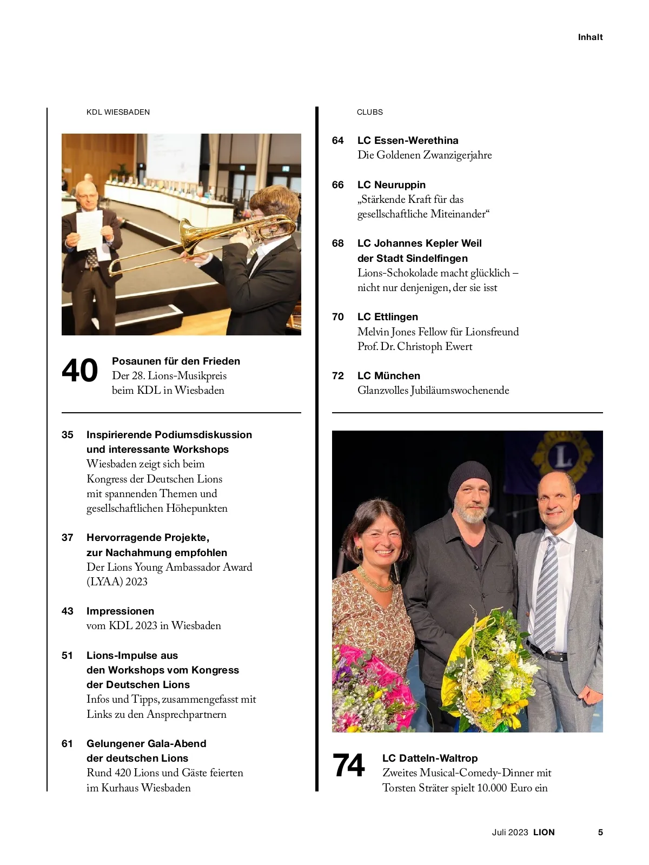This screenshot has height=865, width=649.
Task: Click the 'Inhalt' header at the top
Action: [590, 37]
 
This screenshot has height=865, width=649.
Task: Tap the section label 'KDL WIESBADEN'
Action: [118, 112]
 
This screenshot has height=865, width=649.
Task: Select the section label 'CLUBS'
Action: [369, 112]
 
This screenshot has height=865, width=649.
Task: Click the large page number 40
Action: [80, 371]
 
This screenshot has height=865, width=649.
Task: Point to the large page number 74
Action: [349, 766]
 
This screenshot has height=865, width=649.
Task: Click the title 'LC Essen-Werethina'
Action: [408, 141]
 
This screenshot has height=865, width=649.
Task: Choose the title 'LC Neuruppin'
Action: [392, 185]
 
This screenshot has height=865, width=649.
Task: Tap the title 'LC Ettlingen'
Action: [388, 317]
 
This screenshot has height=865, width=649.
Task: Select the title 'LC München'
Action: [389, 376]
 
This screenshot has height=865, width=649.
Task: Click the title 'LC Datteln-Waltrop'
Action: [430, 758]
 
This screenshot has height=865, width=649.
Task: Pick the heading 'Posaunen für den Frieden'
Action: [176, 361]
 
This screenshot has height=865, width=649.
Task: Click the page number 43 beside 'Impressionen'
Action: [68, 611]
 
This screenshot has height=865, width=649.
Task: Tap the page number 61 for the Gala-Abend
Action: [68, 744]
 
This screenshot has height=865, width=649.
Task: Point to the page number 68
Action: [338, 243]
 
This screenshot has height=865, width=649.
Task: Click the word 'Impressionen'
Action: [120, 611]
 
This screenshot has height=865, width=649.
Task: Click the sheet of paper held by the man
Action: [89, 230]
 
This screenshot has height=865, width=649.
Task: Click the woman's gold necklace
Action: [374, 579]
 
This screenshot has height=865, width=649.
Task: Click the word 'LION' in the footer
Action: [544, 833]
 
